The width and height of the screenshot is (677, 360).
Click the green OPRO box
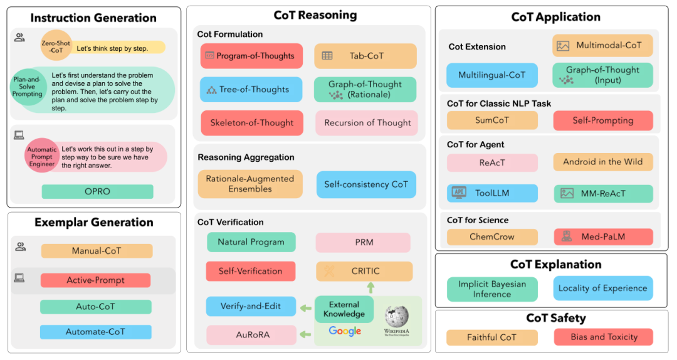(97, 192)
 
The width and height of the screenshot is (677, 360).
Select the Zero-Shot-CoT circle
(56, 45)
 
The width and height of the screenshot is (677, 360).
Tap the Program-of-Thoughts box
(251, 56)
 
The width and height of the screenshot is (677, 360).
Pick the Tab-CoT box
(365, 56)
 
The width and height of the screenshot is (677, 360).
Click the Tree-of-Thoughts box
(251, 90)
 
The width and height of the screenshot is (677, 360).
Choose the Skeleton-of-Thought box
(251, 123)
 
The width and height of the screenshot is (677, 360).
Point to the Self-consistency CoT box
(366, 184)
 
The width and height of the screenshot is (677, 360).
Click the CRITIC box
(364, 272)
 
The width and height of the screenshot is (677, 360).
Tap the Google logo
(345, 331)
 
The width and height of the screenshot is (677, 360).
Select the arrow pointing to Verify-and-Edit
(305, 308)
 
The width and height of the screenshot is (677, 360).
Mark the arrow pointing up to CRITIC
(370, 288)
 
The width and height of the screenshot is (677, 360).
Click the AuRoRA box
(251, 335)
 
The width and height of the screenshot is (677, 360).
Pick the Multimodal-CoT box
(602, 46)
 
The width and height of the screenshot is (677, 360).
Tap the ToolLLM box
(491, 194)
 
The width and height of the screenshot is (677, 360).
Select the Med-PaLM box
(602, 237)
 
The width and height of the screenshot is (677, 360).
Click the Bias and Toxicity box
(603, 337)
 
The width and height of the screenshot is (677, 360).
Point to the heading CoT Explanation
(555, 264)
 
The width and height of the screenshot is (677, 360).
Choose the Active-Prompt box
(95, 280)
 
